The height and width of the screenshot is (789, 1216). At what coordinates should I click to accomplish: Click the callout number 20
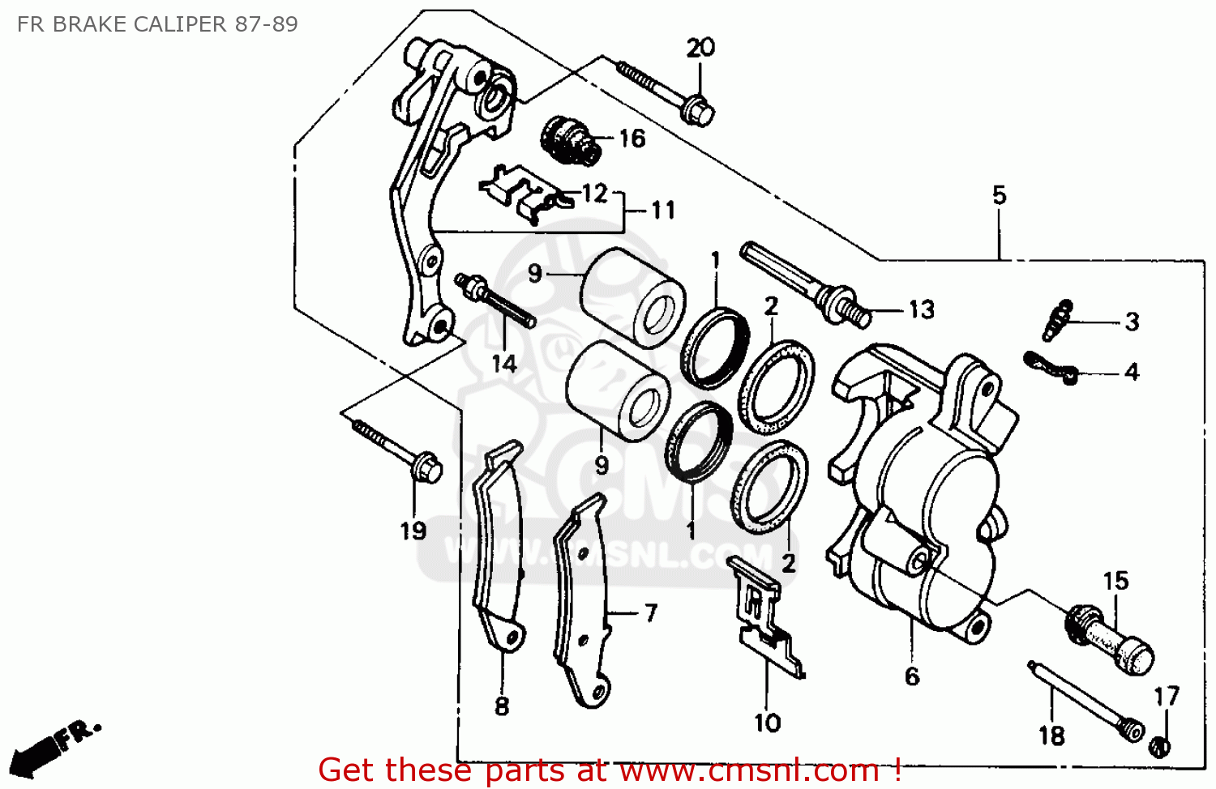pos(700,48)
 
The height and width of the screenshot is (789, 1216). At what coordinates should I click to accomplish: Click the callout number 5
pos(999,195)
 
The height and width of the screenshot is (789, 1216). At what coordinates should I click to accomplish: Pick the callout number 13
pos(921,309)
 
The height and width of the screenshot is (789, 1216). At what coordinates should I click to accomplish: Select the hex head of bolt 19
pos(427,468)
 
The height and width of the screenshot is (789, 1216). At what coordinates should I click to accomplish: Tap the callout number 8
pos(502,706)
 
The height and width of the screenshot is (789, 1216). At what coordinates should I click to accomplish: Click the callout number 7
pos(651,613)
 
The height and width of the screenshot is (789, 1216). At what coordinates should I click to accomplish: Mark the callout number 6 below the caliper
pos(912,676)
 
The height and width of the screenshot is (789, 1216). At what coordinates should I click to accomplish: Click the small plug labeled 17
pos(1160,746)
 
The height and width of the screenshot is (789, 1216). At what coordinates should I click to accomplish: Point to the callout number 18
pos(1051,736)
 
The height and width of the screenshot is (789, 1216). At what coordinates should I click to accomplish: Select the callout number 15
pos(1115,581)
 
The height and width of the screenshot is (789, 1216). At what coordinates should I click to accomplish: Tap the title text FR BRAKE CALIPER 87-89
pos(157,24)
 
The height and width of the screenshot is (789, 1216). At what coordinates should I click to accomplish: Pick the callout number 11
pos(663,211)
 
